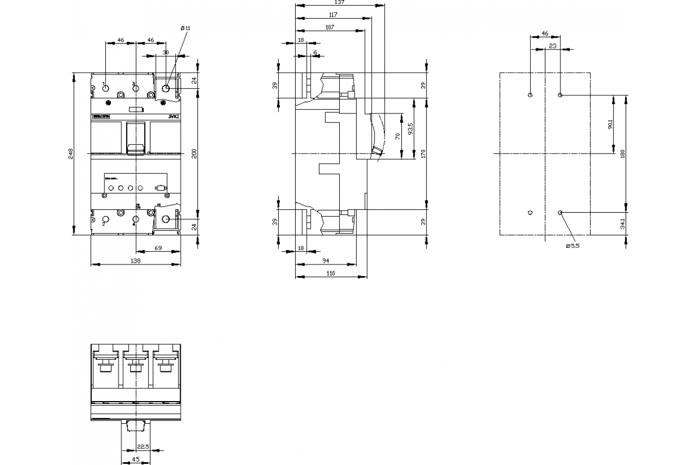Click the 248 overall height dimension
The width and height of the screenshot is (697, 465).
point(71,154)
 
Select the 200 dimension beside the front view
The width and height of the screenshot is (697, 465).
point(195,154)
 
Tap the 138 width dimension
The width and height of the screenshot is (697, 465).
point(135,262)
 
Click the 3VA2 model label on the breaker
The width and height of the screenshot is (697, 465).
point(173,117)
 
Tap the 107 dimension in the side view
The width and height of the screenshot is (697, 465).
point(329,27)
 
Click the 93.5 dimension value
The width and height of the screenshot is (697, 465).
point(411,128)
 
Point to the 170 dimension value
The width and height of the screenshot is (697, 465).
point(423,154)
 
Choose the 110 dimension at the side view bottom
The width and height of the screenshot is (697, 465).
point(331,273)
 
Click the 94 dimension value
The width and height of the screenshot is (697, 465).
point(326,261)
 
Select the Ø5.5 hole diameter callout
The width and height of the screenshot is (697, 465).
point(573,246)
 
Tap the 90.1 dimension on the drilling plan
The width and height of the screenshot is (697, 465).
point(610,124)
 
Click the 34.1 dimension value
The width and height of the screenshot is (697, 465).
point(623,223)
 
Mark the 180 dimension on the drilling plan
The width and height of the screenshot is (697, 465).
point(623,154)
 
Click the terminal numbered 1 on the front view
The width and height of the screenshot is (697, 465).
point(105,88)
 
